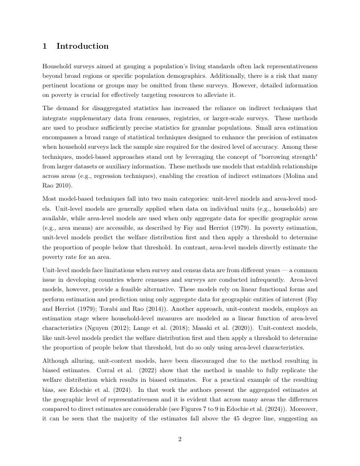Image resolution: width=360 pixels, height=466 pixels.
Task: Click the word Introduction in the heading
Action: pyautogui.click(x=82, y=46)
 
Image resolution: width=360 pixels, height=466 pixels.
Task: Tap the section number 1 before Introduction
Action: pyautogui.click(x=45, y=46)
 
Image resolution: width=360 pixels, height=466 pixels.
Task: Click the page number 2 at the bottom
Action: pyautogui.click(x=179, y=438)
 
